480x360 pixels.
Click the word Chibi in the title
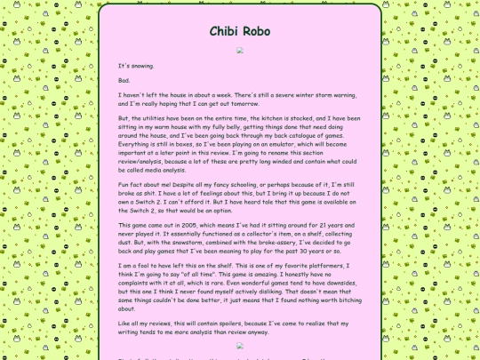223,31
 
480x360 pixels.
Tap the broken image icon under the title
240,51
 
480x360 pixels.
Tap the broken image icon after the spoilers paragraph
240,345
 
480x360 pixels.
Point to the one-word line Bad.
124,80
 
